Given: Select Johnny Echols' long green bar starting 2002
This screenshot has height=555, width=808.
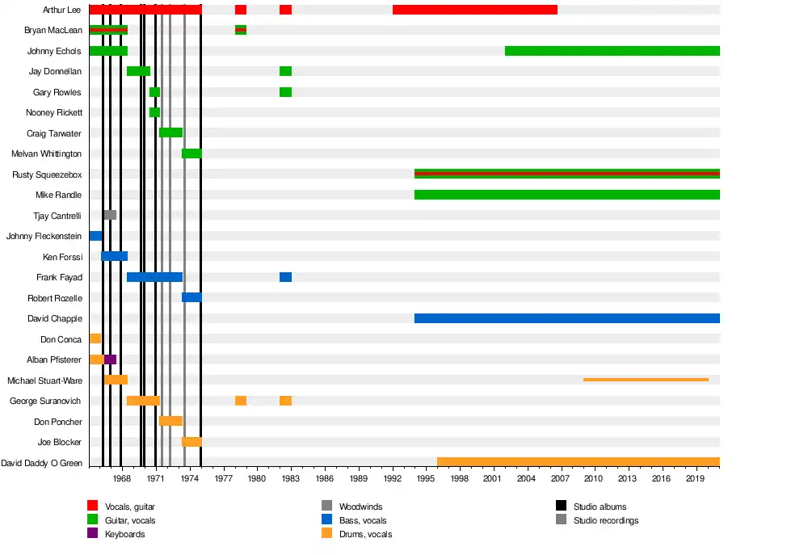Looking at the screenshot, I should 612,51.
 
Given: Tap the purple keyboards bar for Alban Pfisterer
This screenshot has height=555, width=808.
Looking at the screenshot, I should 111,359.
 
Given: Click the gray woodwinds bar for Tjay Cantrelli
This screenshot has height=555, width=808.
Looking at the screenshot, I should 110,215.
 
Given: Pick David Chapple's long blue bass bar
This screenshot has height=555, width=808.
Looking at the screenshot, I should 566,318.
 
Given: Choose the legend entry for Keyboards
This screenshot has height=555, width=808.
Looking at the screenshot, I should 124,534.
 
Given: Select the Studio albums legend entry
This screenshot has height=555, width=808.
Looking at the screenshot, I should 600,507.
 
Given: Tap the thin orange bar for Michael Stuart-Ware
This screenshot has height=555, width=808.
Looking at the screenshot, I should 646,380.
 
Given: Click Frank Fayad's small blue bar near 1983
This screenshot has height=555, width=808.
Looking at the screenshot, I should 285,277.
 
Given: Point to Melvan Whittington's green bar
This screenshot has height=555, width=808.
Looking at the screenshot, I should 191,153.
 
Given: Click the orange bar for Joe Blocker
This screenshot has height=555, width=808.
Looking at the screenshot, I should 191,442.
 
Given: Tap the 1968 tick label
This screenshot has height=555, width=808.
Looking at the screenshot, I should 122,478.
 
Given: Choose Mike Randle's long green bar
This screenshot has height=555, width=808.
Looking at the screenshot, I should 566,195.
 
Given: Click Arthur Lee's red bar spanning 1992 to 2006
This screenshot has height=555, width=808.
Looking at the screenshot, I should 475,10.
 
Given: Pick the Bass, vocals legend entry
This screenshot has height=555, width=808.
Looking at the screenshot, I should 362,520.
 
